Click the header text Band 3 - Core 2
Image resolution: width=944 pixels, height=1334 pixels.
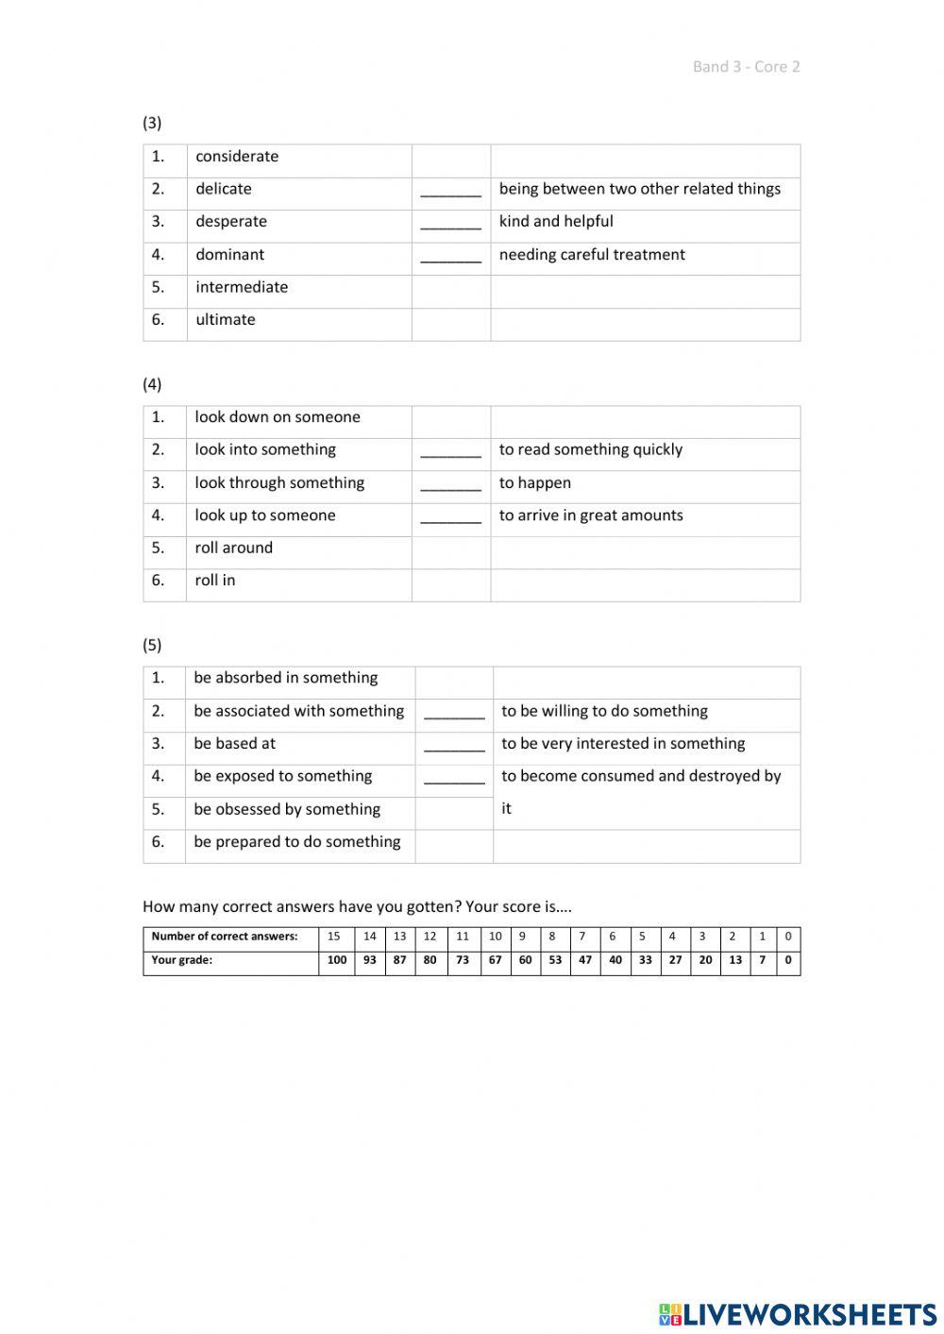tap(746, 66)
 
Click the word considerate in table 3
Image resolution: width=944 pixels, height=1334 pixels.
tap(237, 157)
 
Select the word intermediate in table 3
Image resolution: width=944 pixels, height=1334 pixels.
tap(242, 287)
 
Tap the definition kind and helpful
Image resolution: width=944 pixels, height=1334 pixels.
tap(556, 222)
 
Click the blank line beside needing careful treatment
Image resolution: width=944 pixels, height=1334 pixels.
tap(450, 256)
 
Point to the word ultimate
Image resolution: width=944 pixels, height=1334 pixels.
tap(226, 320)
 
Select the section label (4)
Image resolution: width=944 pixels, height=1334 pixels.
tap(152, 384)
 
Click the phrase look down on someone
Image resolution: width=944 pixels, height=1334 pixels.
tap(278, 417)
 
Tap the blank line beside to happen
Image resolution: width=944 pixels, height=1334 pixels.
tap(450, 484)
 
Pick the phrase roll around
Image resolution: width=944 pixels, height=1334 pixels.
tap(233, 548)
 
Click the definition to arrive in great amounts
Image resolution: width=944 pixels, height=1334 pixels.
tap(591, 515)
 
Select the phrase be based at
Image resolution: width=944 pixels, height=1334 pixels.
tap(235, 744)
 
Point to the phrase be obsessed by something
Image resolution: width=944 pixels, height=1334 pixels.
tap(287, 809)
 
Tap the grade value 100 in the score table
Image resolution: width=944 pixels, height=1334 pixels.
tap(337, 960)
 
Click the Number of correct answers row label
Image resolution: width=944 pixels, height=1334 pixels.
tap(225, 937)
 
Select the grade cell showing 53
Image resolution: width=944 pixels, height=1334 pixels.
tap(555, 960)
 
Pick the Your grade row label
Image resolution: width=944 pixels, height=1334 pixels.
tap(182, 960)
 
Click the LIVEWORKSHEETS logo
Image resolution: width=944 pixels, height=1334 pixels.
tap(797, 1314)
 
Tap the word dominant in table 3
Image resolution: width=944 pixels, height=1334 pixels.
tap(229, 255)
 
